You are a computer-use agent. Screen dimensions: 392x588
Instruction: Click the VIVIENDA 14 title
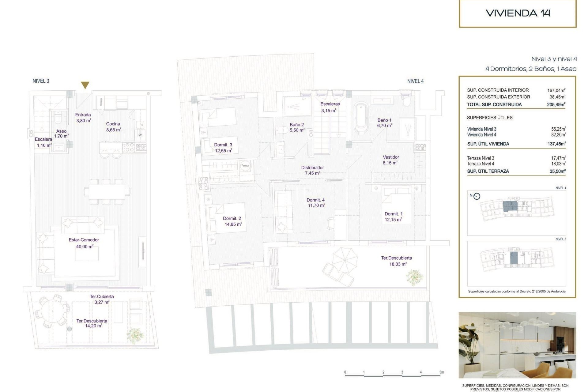coord(518,13)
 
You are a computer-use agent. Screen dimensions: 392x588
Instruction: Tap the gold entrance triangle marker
coord(85,85)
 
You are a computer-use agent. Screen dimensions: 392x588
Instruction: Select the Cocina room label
coord(113,124)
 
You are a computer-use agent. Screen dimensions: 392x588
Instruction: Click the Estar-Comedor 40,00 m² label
coord(84,243)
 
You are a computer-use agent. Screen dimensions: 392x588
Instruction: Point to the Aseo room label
coord(61,131)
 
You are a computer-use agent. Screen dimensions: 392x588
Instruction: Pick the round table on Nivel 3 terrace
coord(53,311)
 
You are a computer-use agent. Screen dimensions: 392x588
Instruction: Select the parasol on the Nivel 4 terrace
coord(345,260)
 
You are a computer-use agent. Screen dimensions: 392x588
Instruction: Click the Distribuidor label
coord(312,168)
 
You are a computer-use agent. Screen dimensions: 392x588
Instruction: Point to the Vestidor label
coord(391,157)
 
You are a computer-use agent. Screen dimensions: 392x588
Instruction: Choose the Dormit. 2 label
coord(232,219)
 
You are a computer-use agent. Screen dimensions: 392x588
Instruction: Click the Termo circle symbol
coord(245,166)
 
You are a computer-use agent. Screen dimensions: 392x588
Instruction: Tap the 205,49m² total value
coord(556,105)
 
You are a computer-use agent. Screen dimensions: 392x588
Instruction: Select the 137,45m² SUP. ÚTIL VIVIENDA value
coord(556,144)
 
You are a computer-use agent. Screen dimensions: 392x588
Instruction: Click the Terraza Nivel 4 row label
coord(481,164)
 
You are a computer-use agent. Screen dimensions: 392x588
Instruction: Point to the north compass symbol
coord(477,196)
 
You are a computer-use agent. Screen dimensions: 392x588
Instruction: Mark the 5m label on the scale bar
coord(441,372)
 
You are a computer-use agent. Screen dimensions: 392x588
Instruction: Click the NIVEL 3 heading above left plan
coord(41,81)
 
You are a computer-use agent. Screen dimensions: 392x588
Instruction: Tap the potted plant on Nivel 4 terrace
coord(415,277)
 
